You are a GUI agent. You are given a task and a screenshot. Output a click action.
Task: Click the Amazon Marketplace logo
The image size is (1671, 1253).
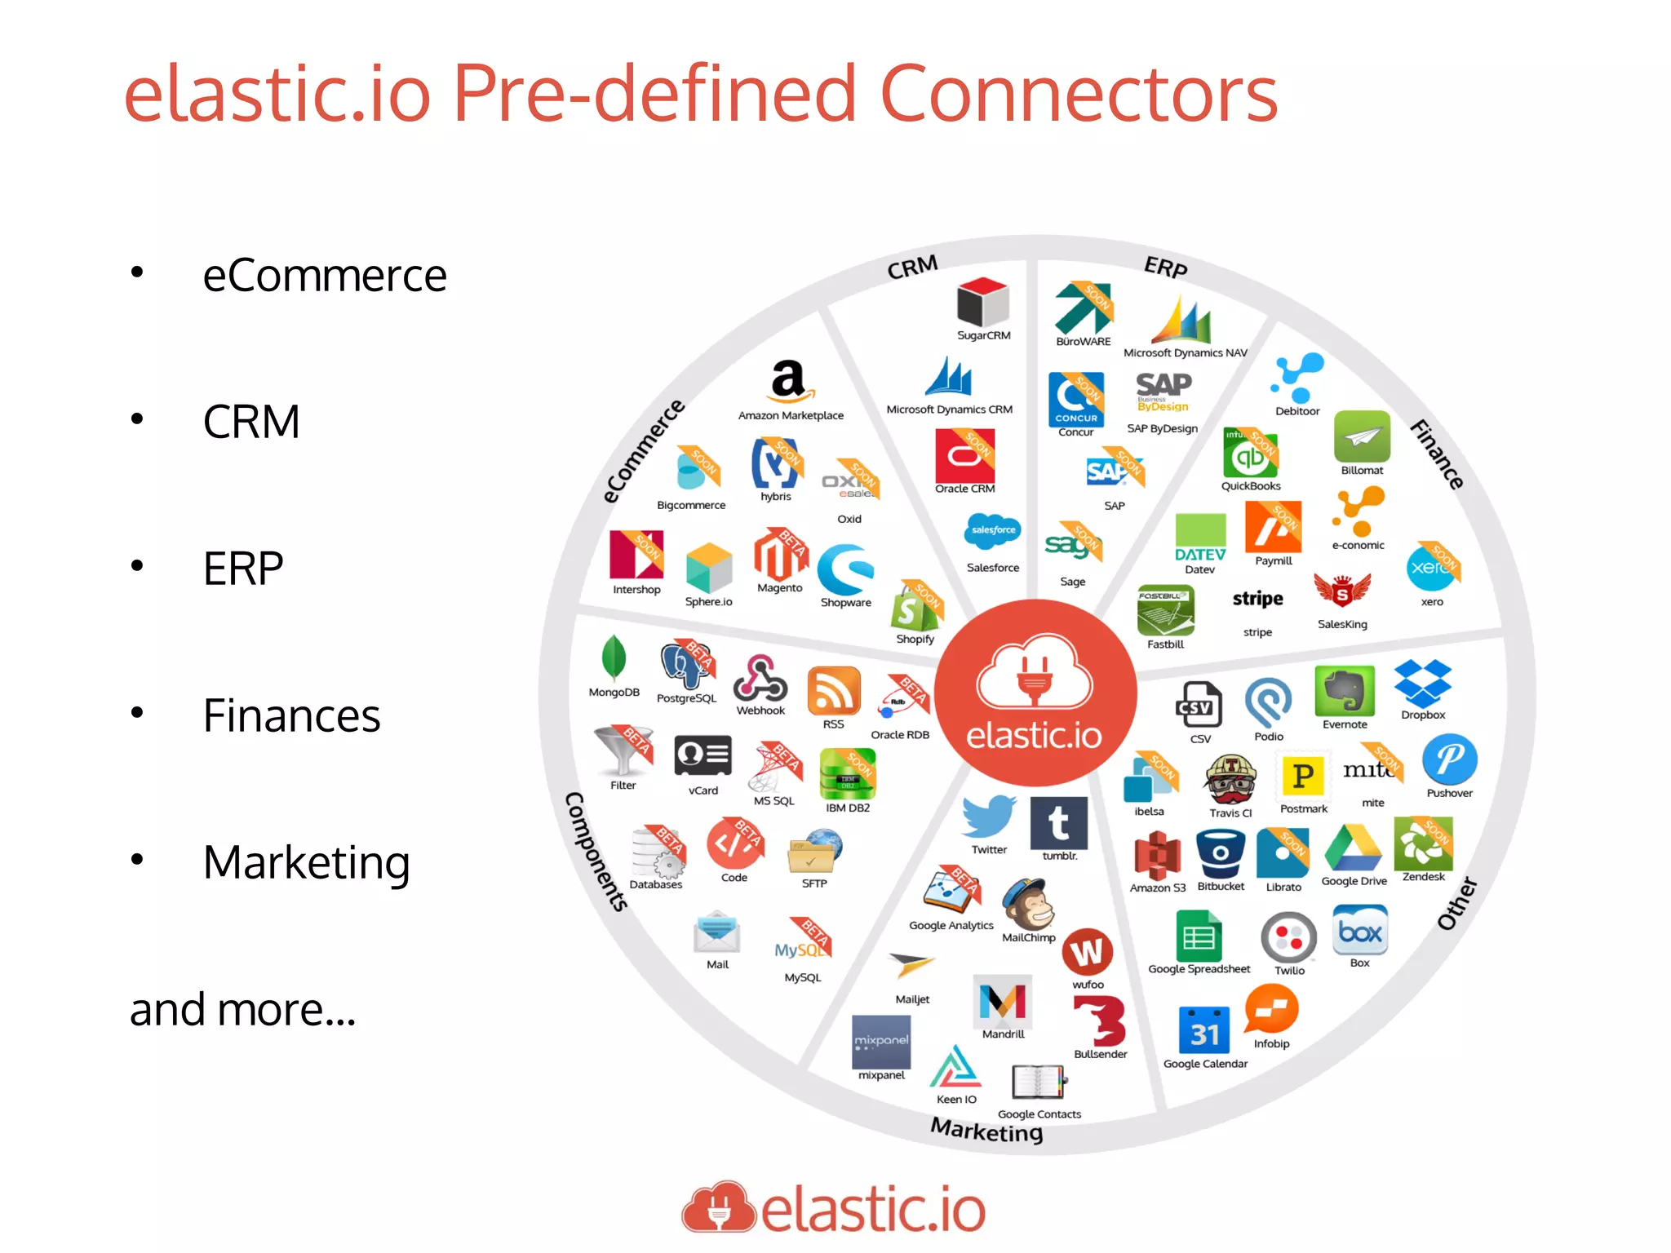[x=789, y=381]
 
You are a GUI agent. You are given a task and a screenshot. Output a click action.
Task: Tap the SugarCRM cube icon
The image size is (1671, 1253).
[x=983, y=302]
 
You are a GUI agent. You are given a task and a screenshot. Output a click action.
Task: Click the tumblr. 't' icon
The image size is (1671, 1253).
[x=1058, y=823]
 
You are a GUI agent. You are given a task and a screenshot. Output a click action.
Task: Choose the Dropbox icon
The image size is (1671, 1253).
[x=1422, y=684]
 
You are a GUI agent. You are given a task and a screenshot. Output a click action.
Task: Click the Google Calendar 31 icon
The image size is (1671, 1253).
[x=1204, y=1031]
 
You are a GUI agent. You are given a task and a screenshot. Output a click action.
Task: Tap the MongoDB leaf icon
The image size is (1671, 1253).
[x=614, y=657]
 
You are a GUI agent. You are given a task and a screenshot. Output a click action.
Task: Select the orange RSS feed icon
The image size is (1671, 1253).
[x=833, y=691]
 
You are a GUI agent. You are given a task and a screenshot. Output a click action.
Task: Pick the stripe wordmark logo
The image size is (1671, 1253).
[x=1257, y=600]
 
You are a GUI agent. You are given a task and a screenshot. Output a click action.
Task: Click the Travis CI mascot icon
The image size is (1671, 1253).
[x=1230, y=780]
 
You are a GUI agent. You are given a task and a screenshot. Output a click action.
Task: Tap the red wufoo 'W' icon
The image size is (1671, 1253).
[x=1087, y=952]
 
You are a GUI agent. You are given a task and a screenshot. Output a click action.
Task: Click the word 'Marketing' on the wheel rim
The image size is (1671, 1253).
[x=986, y=1131]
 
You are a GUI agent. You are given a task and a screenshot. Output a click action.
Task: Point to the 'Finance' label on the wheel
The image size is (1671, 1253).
[x=1438, y=454]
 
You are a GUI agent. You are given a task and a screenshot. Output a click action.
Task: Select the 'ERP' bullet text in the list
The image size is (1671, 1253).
[x=243, y=569]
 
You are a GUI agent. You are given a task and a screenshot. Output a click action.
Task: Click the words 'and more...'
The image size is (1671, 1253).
[x=242, y=1010]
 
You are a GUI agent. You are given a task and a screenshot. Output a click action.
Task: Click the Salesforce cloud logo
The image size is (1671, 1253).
[x=993, y=531]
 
